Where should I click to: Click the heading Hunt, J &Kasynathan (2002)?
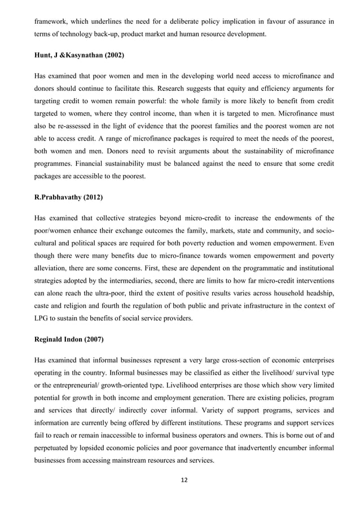78,56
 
